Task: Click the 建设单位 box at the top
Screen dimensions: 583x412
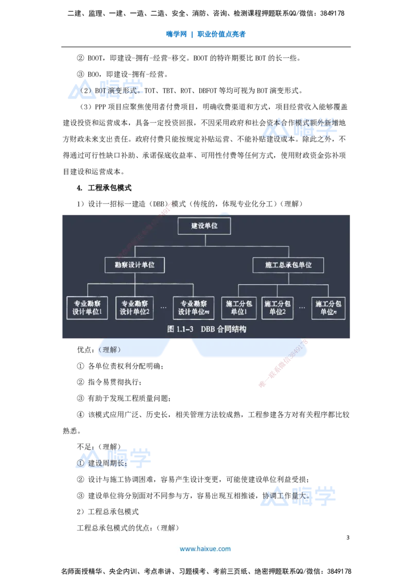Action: pos(204,226)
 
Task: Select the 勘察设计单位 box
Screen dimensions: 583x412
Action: pos(134,265)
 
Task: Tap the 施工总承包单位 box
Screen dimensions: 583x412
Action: pos(288,265)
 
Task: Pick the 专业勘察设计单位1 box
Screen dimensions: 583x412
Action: pos(87,307)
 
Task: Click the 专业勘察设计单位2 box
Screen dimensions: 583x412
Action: pos(134,307)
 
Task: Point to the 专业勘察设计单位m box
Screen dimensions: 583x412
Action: pos(193,307)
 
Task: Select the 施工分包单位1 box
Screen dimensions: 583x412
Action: pos(239,307)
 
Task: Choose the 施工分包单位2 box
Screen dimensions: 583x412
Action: pos(278,307)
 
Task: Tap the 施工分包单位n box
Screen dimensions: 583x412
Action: pos(328,307)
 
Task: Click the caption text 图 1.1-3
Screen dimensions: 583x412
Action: pos(180,330)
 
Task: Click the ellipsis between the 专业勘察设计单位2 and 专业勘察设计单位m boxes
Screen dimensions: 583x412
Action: pos(163,307)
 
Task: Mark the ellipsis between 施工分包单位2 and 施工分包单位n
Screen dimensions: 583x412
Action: pos(302,307)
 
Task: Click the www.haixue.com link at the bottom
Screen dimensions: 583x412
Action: pos(205,549)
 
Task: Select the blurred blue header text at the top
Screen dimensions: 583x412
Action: pos(205,35)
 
